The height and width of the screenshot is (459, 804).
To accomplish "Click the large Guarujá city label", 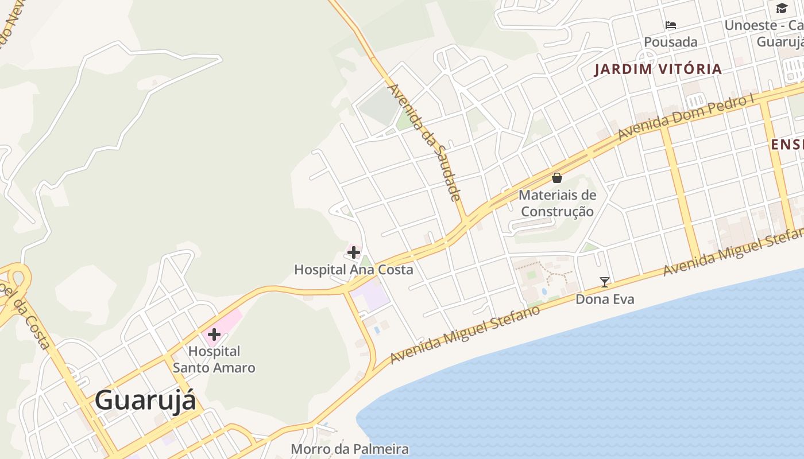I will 145,400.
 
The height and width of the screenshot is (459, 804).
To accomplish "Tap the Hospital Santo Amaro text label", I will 214,359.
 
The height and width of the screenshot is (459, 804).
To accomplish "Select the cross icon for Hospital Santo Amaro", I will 214,334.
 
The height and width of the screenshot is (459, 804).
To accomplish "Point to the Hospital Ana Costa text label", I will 353,269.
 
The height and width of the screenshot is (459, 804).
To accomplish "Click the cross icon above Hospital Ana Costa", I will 354,252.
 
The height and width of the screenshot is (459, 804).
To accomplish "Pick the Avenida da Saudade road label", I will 426,142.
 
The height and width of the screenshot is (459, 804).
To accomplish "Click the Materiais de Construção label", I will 557,203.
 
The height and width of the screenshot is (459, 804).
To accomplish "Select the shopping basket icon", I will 557,178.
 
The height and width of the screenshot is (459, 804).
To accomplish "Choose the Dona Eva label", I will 605,299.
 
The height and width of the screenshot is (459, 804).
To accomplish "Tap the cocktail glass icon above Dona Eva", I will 604,282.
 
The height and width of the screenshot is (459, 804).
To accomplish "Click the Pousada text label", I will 670,42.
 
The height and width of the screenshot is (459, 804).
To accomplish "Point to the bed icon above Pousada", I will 670,25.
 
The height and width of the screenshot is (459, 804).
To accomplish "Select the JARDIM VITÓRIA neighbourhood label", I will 658,69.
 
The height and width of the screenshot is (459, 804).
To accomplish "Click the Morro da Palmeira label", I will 350,449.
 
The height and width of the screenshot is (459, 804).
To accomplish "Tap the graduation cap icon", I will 782,8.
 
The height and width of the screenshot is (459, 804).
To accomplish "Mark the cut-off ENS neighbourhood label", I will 787,144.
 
